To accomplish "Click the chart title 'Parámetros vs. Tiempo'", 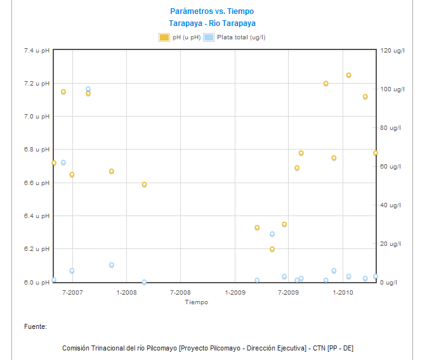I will click(x=212, y=11).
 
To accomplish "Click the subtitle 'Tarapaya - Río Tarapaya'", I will click(x=212, y=23).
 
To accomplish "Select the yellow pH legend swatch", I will click(x=164, y=37).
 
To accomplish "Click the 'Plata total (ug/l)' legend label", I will click(x=241, y=37).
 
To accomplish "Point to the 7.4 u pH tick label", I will click(x=36, y=51).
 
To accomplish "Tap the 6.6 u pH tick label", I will click(x=36, y=183).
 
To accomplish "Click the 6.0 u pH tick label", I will click(x=36, y=282).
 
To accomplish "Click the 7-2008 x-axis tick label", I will click(x=181, y=292).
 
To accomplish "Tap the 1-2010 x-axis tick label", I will click(x=343, y=292).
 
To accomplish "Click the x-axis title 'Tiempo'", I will click(x=197, y=302).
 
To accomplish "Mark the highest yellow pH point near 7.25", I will click(x=348, y=75).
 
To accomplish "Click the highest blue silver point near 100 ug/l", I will click(x=88, y=89).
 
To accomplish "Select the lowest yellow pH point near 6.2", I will click(x=272, y=249).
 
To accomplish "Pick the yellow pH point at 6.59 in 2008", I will click(x=144, y=184).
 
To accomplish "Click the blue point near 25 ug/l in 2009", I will click(x=272, y=234).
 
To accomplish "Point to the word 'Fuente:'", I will click(x=36, y=326).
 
